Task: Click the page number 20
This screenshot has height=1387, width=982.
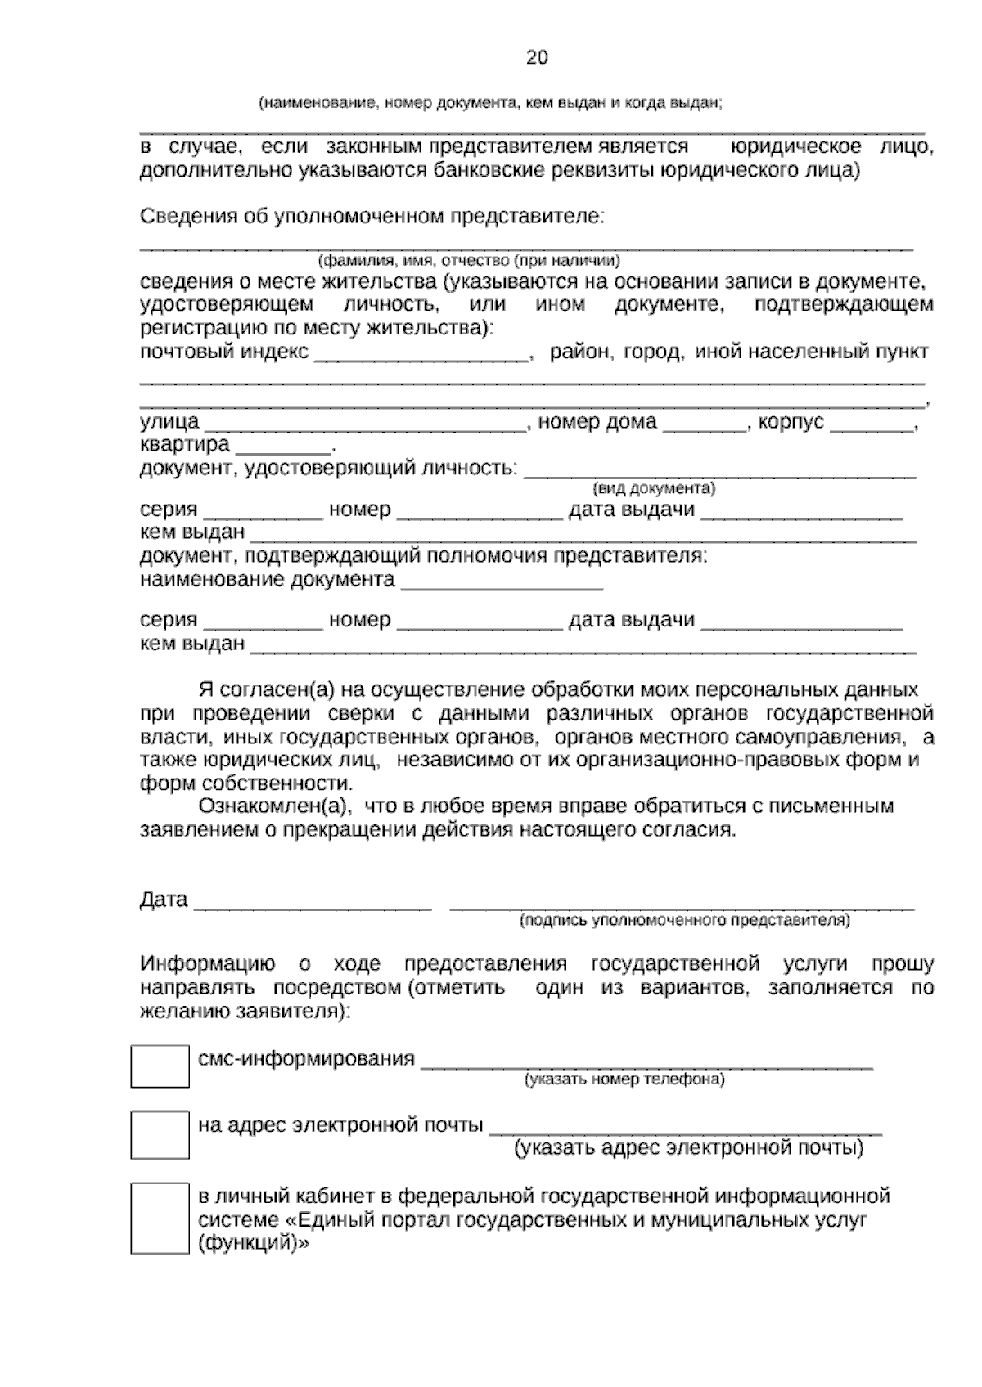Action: [x=537, y=57]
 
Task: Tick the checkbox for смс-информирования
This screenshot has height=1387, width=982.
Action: [x=160, y=1066]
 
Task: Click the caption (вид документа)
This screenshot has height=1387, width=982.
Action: [x=654, y=488]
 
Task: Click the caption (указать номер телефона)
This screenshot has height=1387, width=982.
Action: [x=624, y=1080]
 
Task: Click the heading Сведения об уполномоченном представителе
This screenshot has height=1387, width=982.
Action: [x=372, y=217]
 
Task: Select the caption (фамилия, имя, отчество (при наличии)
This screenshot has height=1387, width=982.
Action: [x=469, y=261]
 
